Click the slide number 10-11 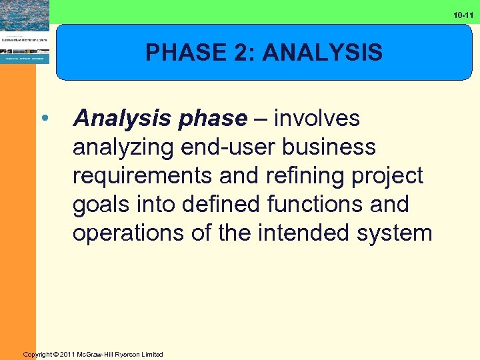464,14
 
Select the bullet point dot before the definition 44,119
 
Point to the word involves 317,119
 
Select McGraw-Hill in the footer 100,355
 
